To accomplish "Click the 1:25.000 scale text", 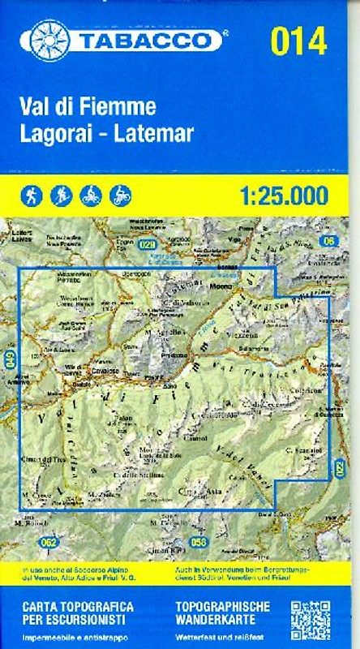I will coord(283,196).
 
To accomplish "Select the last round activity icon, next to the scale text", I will coord(121,195).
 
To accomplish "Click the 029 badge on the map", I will coord(146,245).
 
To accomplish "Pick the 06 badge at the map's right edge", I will coord(327,241).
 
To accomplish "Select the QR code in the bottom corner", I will coord(309,620).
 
